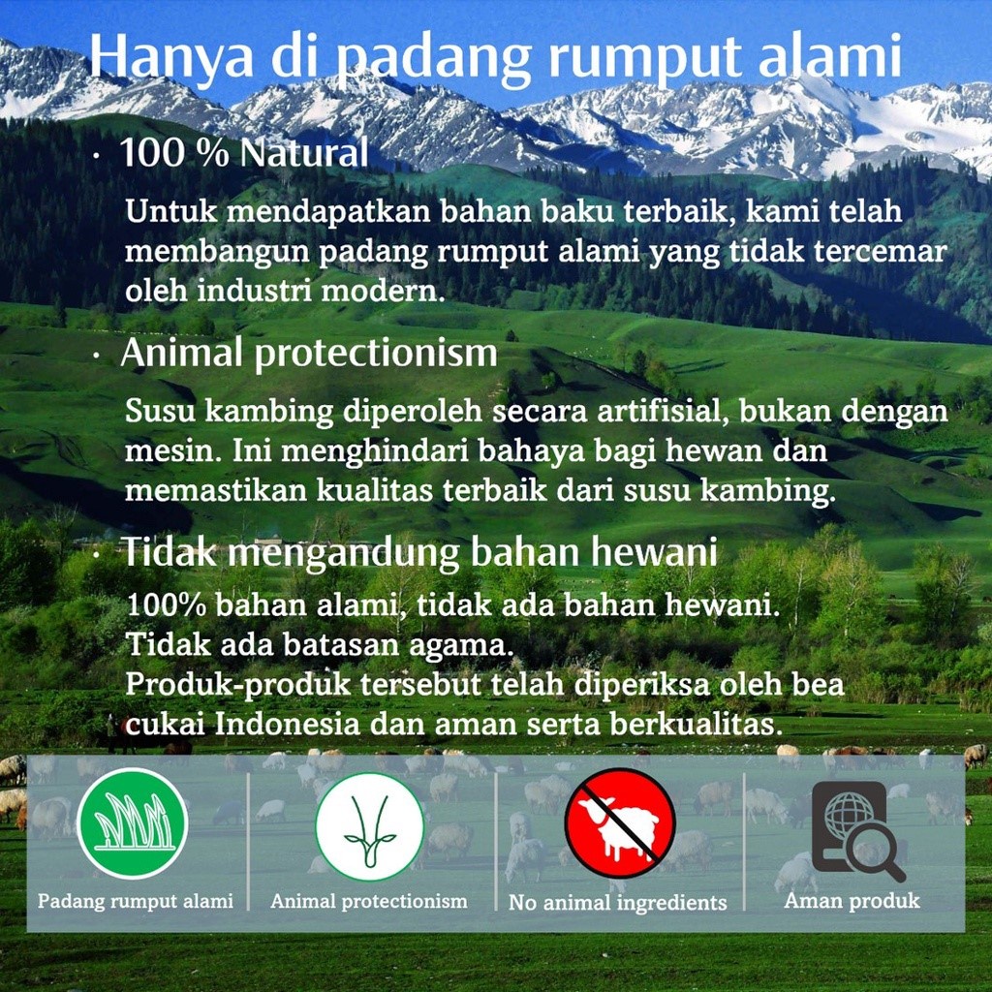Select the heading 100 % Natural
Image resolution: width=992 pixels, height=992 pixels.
[x=243, y=153]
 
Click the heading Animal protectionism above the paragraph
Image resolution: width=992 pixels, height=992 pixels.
[x=308, y=354]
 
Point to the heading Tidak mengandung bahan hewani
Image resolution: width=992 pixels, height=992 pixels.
[x=418, y=552]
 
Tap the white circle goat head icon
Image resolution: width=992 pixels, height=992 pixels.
[x=369, y=824]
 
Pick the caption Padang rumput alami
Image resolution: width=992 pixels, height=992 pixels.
[x=136, y=901]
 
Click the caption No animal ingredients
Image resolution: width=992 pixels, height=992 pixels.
[x=617, y=903]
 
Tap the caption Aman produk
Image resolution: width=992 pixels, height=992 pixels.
[x=852, y=901]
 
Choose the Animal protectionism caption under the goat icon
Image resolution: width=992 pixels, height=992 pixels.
[x=368, y=901]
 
